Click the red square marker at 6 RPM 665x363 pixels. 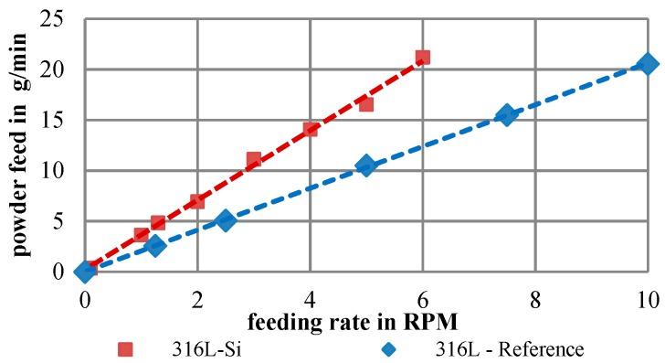pos(422,58)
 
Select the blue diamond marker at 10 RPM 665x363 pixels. pos(648,64)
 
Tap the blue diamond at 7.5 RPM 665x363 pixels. pos(507,115)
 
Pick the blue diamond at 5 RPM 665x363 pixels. pos(366,165)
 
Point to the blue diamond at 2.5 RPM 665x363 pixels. pos(226,220)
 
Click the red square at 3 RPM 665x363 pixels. pos(254,160)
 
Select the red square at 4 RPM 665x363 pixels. pos(311,129)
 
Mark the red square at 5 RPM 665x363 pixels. pos(366,103)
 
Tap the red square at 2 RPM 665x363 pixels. pos(197,200)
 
